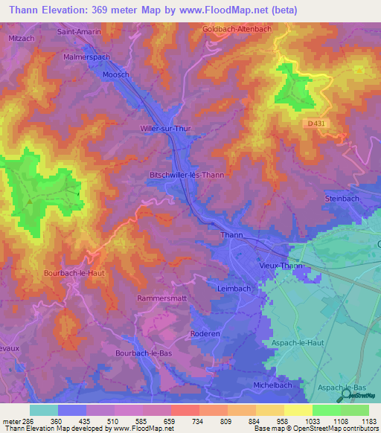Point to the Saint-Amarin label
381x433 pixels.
coord(79,32)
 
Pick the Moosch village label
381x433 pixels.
coord(115,75)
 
